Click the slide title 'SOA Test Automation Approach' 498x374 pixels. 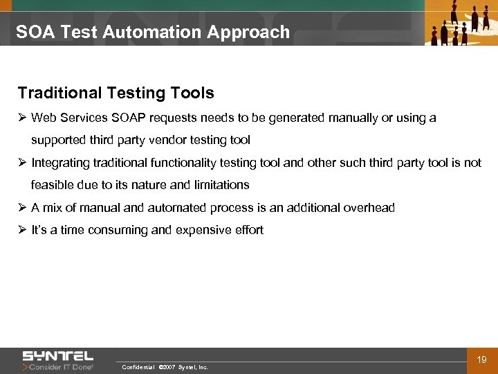[x=153, y=32]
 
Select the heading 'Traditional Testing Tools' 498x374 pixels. [x=116, y=93]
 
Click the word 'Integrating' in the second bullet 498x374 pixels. [x=59, y=163]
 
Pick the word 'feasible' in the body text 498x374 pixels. [x=53, y=185]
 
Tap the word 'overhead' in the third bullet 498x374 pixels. [x=369, y=208]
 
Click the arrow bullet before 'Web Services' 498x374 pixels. [x=22, y=118]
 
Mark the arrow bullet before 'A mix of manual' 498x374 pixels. [x=22, y=208]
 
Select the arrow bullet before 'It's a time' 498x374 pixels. [x=22, y=230]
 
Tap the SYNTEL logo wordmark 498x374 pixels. [x=57, y=356]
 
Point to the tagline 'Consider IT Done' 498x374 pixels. [x=61, y=367]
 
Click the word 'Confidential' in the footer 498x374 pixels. [x=137, y=367]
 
